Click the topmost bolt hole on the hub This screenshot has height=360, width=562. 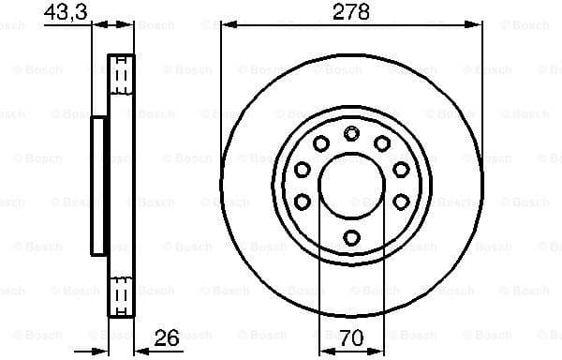(x=351, y=133)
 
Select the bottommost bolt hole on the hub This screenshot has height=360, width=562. (x=351, y=236)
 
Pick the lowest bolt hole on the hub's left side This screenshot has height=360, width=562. (x=303, y=202)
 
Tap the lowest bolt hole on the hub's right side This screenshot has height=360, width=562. (x=401, y=202)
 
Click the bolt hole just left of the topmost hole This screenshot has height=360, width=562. (x=320, y=143)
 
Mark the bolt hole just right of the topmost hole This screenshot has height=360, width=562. (x=382, y=143)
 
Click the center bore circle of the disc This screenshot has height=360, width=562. (x=351, y=185)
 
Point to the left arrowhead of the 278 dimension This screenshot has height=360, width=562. (x=226, y=26)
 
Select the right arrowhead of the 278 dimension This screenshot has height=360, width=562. (x=477, y=26)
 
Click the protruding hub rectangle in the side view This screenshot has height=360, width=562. (x=97, y=185)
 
